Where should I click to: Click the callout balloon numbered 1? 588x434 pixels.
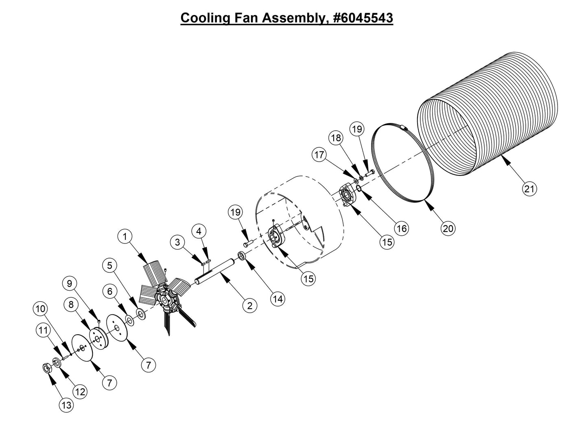[125, 236]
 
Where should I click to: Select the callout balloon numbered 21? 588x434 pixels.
[529, 189]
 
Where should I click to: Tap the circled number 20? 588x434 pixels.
[448, 228]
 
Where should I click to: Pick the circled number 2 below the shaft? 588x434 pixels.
[249, 305]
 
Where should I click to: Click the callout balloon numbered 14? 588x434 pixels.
[278, 299]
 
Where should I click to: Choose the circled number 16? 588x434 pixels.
[402, 228]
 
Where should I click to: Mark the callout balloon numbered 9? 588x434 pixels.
[70, 283]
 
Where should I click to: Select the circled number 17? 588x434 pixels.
[319, 155]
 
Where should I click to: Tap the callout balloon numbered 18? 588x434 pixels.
[336, 138]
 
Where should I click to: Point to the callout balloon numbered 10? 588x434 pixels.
[40, 309]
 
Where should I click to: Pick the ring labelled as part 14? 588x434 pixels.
[240, 256]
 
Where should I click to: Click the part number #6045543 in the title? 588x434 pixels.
[363, 18]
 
